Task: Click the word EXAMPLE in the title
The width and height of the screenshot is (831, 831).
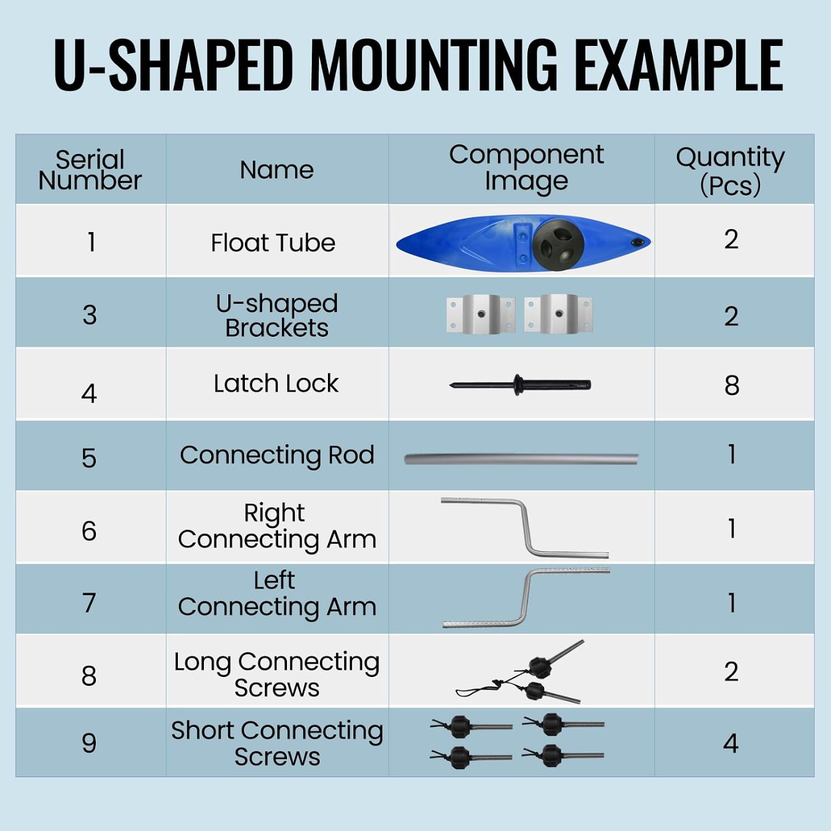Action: point(679,65)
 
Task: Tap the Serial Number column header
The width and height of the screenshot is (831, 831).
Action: point(90,170)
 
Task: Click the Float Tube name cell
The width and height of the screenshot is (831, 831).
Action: point(273,243)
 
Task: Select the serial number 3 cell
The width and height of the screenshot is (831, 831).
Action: point(90,315)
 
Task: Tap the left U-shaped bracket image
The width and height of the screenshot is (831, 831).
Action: point(480,314)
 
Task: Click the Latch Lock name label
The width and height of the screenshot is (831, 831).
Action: point(276,383)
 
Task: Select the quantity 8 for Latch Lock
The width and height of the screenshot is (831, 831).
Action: point(732,385)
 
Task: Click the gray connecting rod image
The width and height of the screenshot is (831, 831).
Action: point(521,459)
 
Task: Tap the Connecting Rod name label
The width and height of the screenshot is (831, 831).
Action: point(277,455)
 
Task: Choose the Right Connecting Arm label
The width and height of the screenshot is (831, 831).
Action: point(277,526)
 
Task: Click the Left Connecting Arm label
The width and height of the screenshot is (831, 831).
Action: point(277,594)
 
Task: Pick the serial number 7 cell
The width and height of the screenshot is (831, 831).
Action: point(89,603)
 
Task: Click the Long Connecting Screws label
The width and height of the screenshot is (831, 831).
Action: point(277,674)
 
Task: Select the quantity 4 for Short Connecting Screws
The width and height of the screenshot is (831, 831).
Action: point(731,743)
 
